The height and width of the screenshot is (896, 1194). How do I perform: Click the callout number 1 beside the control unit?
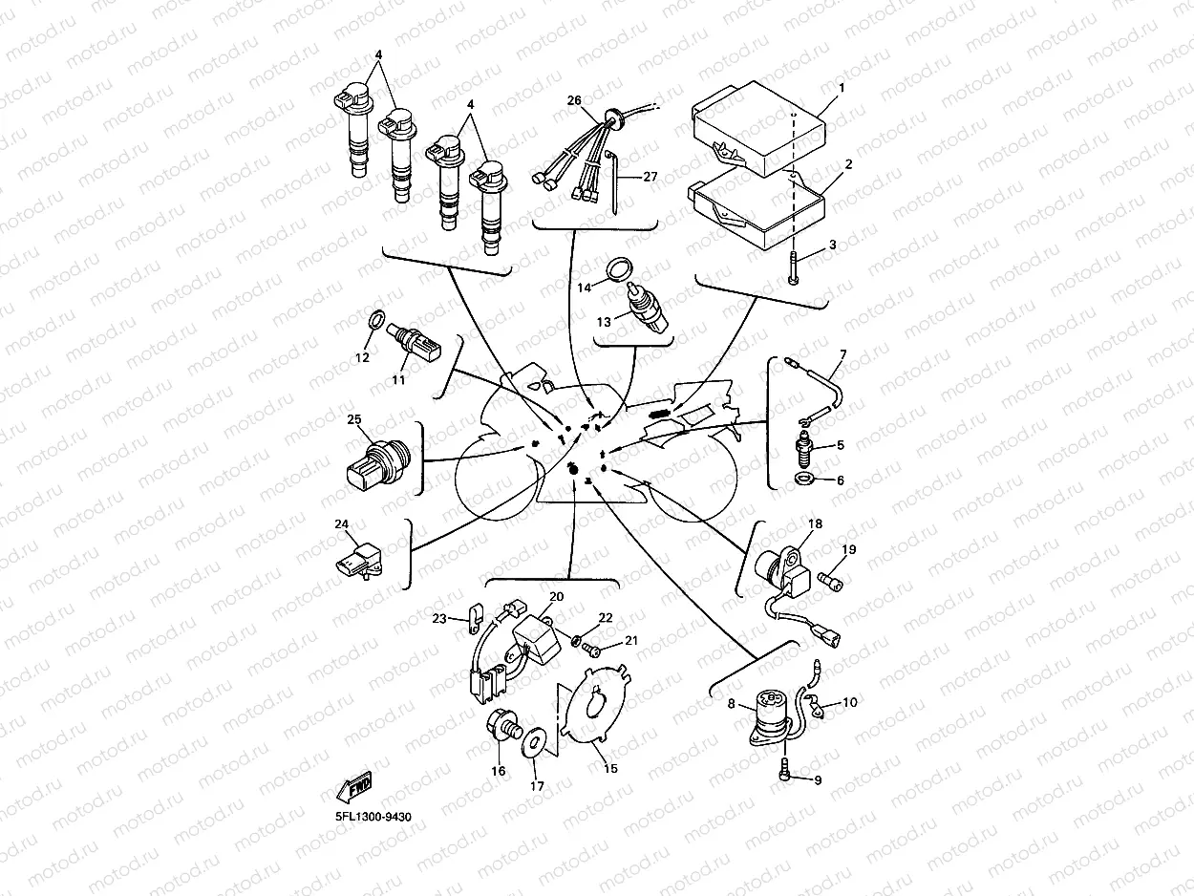click(842, 88)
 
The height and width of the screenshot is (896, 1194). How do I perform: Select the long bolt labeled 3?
click(794, 260)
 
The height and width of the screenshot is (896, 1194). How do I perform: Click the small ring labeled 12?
click(376, 318)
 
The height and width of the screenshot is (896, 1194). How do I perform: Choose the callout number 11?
click(398, 379)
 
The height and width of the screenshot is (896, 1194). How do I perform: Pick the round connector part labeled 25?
click(374, 459)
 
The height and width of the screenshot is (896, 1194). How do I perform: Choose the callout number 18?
click(815, 523)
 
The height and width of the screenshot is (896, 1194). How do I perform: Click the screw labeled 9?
click(784, 770)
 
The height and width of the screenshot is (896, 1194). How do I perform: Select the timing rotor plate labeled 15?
click(594, 708)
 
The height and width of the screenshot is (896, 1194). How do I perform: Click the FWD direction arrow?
click(354, 788)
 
